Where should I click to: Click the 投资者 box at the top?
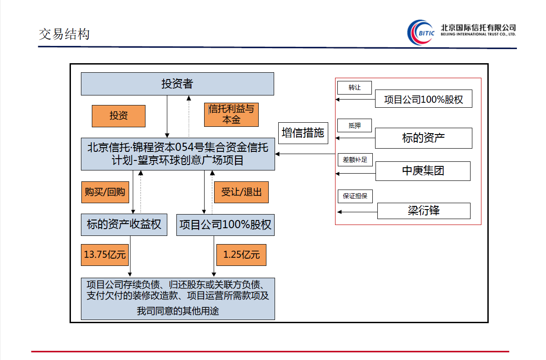click(x=177, y=84)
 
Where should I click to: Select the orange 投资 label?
click(x=119, y=116)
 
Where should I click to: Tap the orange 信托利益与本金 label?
click(x=231, y=115)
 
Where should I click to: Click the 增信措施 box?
click(x=303, y=133)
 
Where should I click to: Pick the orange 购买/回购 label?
click(x=105, y=192)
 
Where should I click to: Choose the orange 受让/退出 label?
click(x=241, y=192)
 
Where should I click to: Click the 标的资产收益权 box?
click(x=124, y=225)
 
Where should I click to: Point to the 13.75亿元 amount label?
click(x=105, y=255)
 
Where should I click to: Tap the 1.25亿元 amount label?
click(x=241, y=255)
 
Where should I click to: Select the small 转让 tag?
click(x=355, y=87)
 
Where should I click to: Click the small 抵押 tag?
click(x=355, y=125)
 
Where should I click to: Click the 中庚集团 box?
click(x=423, y=170)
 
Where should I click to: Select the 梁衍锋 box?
click(x=423, y=210)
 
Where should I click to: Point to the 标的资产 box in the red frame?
click(x=423, y=138)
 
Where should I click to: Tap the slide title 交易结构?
click(x=64, y=34)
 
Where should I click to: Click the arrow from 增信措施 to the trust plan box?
click(x=305, y=155)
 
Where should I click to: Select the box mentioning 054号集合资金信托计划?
click(x=178, y=154)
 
